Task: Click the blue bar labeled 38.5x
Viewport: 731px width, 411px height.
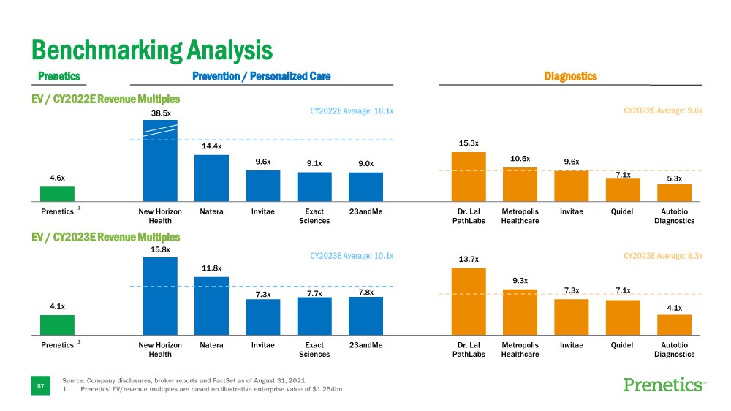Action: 160,161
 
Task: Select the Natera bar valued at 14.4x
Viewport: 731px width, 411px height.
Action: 211,178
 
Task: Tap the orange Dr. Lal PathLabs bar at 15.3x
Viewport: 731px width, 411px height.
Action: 469,176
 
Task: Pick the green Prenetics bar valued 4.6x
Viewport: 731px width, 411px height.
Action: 57,194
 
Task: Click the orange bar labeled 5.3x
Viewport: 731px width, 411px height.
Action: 674,192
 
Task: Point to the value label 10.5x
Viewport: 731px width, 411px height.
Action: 520,158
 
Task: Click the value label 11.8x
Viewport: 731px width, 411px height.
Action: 211,268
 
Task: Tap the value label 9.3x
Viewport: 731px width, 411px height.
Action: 520,280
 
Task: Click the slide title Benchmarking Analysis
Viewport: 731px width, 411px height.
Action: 151,50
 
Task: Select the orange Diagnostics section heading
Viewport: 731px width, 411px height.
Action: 570,76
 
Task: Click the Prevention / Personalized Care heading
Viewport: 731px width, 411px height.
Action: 261,76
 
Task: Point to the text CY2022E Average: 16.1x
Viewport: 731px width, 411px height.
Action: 352,111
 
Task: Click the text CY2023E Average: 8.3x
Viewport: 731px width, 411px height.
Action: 662,256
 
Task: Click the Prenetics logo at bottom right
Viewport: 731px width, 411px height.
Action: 664,385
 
